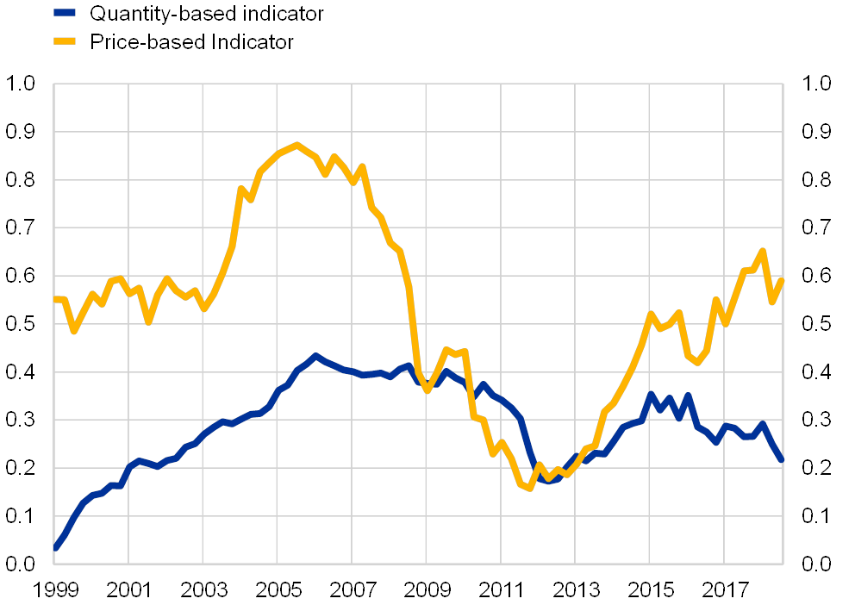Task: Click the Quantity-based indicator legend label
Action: point(207,14)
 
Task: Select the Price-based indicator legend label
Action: point(194,41)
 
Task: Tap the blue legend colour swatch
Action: point(65,13)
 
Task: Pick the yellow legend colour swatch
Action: point(65,41)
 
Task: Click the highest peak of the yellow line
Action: point(296,145)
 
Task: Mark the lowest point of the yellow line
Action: point(529,489)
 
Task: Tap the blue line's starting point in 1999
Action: point(55,546)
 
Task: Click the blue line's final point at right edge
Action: point(782,460)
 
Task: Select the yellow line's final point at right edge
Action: point(782,279)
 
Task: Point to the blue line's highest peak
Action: point(315,356)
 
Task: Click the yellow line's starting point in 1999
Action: point(55,299)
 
